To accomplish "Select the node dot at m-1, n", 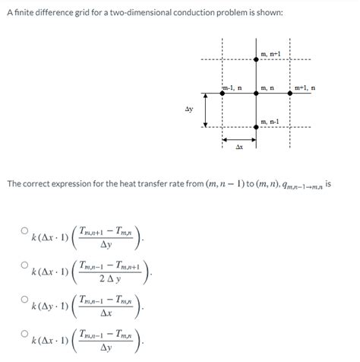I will pos(221,94).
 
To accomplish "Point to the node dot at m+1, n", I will pos(289,94).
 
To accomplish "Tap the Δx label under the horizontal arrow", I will pos(238,146).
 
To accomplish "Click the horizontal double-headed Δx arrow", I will pos(238,139).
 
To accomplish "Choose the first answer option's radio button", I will pos(24,229).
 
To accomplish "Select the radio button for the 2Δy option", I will pos(24,265).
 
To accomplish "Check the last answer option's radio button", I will pos(24,334).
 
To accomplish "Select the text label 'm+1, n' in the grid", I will pos(305,87).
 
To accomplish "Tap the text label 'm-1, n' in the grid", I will pos(232,87).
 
